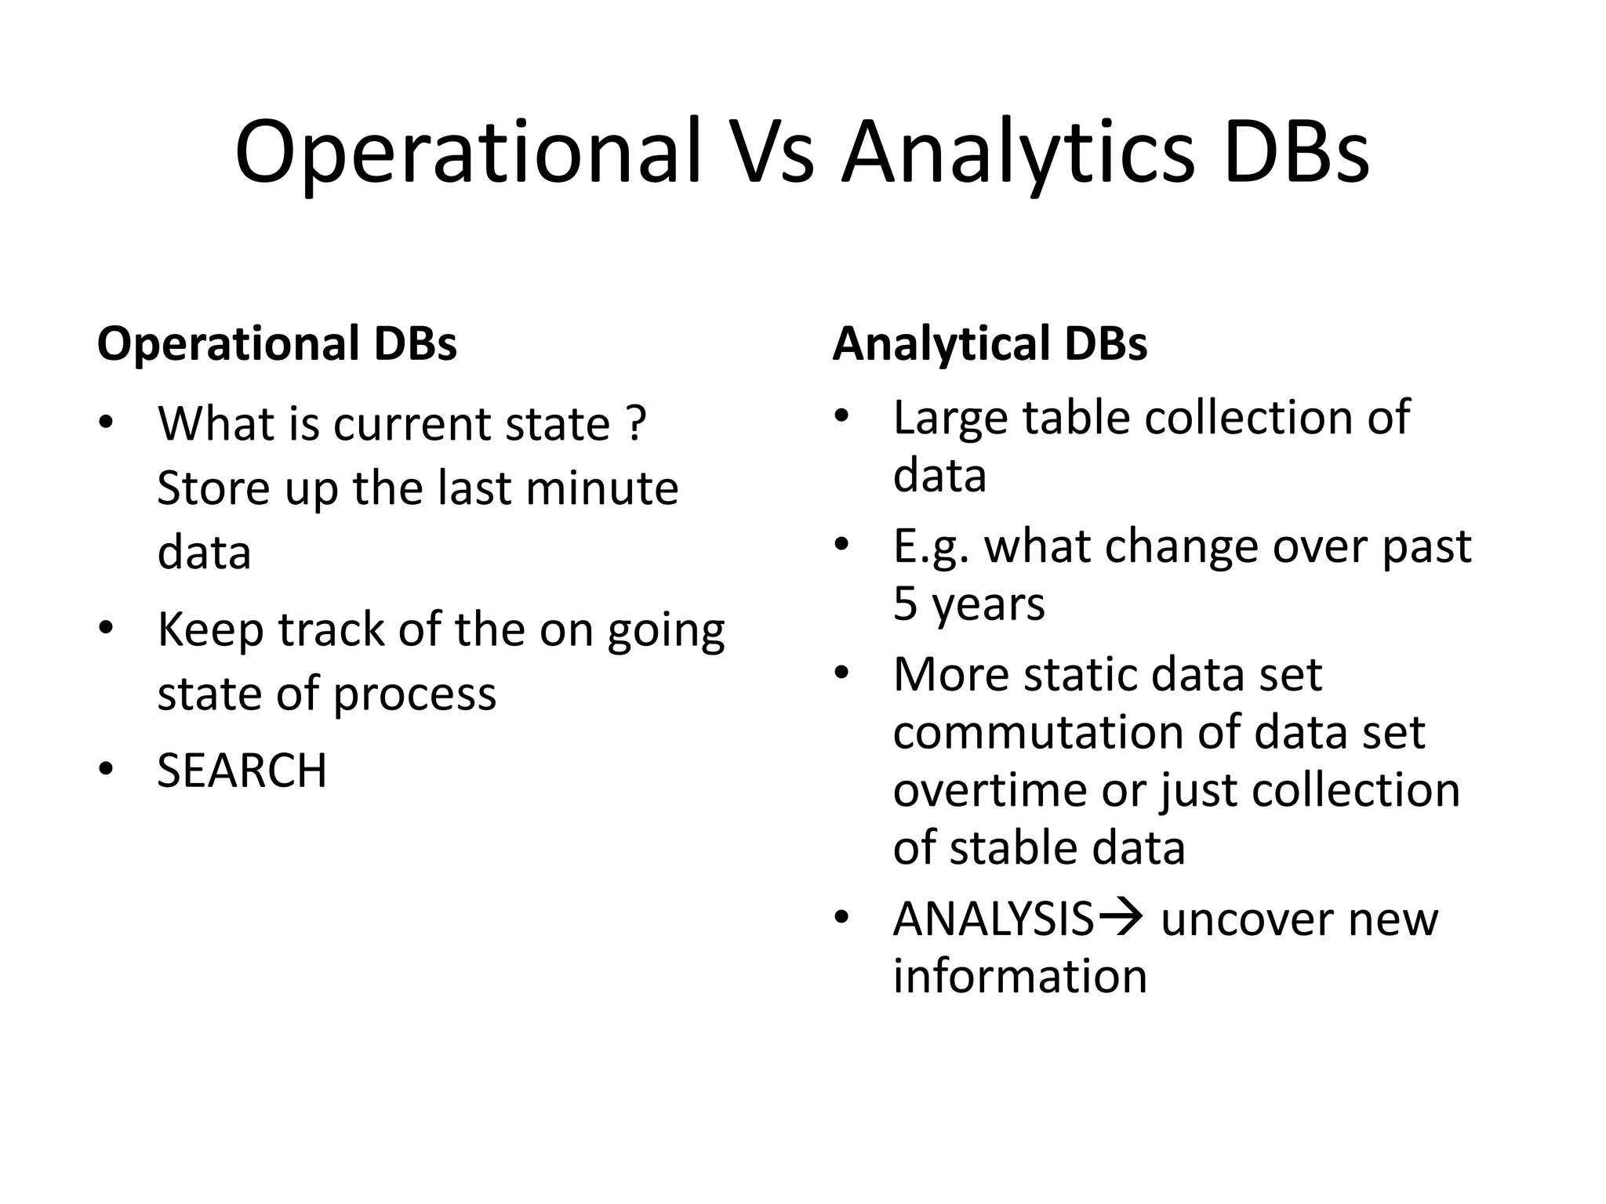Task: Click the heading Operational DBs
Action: coord(277,343)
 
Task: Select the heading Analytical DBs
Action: coord(990,343)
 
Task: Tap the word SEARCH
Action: coord(242,771)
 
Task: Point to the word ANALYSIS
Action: coord(993,919)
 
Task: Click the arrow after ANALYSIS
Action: coord(1119,917)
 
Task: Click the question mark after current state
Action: coord(636,423)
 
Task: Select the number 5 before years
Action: coord(905,604)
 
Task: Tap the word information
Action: coord(1019,977)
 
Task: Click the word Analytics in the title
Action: coord(1018,151)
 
